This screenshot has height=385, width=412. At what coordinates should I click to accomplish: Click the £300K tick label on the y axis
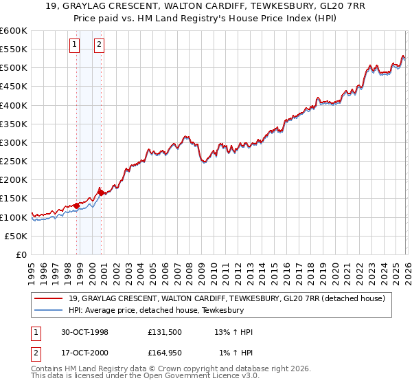pyautogui.click(x=14, y=143)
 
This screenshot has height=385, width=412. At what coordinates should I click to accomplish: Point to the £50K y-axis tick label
pyautogui.click(x=16, y=236)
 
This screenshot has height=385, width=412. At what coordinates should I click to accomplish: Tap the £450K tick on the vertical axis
pyautogui.click(x=14, y=87)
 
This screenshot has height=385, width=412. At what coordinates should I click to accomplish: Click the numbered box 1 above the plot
pyautogui.click(x=76, y=45)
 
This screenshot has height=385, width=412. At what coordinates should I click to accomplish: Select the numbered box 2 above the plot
pyautogui.click(x=100, y=45)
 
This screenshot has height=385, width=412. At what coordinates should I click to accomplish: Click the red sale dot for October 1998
pyautogui.click(x=77, y=206)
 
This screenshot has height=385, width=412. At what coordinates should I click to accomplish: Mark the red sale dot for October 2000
pyautogui.click(x=101, y=193)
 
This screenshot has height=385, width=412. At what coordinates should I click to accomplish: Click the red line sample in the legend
pyautogui.click(x=49, y=298)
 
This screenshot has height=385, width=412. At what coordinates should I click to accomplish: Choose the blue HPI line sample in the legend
pyautogui.click(x=49, y=311)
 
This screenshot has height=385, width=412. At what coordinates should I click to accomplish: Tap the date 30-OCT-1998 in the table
pyautogui.click(x=83, y=332)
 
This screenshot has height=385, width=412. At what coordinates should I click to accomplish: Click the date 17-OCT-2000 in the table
pyautogui.click(x=83, y=354)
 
